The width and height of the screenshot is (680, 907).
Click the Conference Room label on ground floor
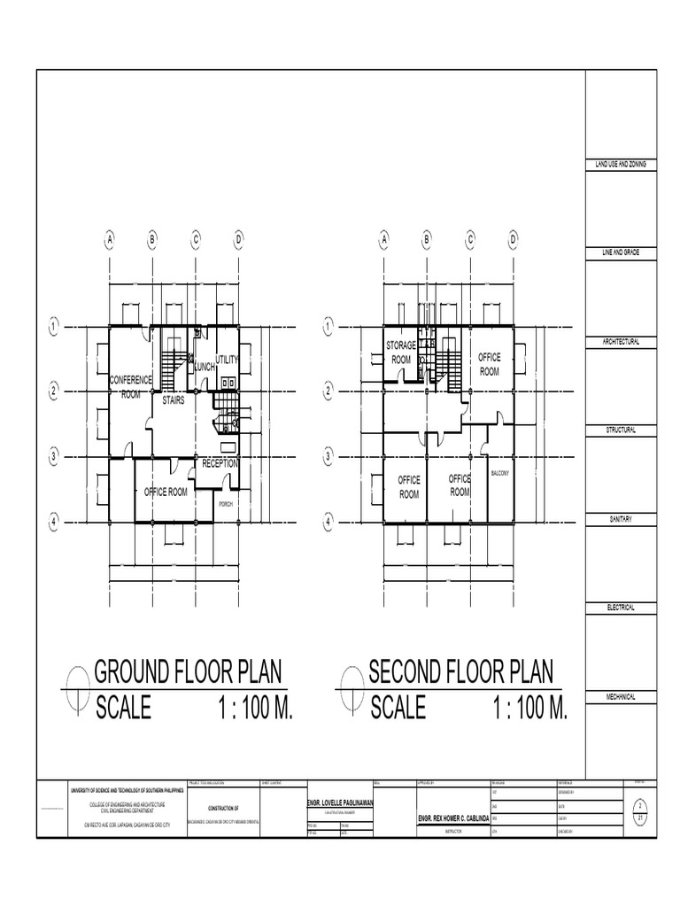131,387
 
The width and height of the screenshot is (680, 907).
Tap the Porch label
226,503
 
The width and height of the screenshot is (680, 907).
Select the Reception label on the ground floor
220,463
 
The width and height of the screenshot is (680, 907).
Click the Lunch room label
205,367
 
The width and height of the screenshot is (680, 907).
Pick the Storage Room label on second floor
401,352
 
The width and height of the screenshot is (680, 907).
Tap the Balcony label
500,474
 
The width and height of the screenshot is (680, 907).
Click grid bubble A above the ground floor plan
111,239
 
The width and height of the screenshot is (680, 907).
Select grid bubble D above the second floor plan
513,239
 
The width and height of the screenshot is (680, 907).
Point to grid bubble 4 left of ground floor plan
54,523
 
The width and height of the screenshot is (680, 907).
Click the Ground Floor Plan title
189,671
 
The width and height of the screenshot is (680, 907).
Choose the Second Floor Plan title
460,671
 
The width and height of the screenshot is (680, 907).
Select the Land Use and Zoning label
620,165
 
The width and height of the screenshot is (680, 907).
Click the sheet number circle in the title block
639,810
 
